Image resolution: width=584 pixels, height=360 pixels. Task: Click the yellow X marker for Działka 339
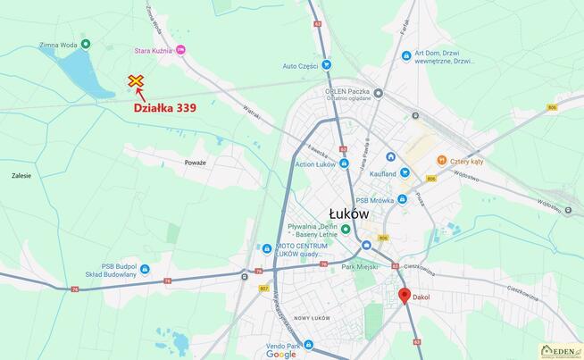click(136, 82)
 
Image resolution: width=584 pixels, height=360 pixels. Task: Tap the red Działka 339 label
click(165, 108)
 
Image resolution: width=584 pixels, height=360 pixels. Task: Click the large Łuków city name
click(348, 213)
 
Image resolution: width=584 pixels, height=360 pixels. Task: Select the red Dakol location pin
click(404, 297)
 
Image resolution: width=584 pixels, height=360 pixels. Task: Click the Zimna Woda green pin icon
click(86, 44)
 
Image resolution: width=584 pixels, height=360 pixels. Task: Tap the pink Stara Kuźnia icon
click(180, 51)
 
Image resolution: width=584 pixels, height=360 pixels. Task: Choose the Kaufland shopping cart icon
click(405, 172)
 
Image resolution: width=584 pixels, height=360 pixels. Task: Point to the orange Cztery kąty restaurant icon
click(441, 160)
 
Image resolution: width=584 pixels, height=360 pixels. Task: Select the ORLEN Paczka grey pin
click(379, 92)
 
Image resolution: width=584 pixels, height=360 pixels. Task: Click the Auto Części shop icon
click(327, 65)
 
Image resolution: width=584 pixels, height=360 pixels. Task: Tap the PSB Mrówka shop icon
click(403, 199)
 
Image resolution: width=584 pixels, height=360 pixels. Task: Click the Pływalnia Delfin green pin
click(346, 230)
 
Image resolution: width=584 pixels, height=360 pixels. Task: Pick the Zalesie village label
click(21, 175)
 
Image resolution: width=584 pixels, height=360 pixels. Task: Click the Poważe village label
click(195, 163)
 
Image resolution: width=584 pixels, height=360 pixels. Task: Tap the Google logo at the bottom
click(280, 354)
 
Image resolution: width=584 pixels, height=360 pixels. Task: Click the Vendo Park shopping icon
click(308, 345)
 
